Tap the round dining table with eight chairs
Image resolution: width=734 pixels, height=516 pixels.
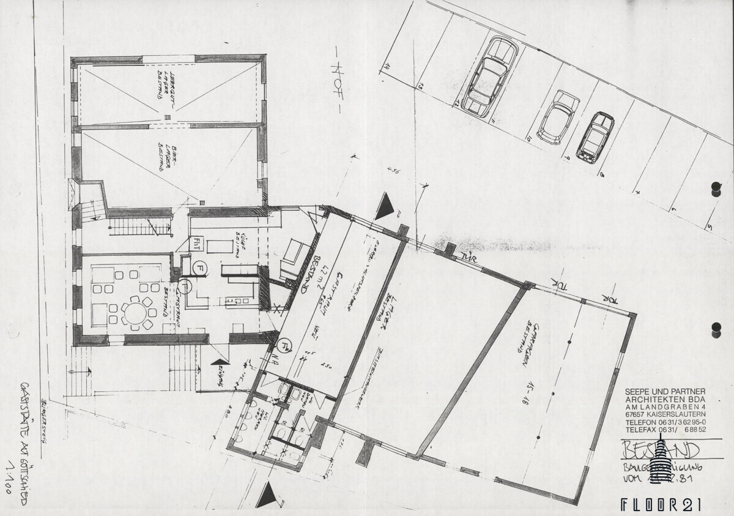(x=138, y=312)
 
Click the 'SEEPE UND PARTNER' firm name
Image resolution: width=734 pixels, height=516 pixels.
(x=665, y=391)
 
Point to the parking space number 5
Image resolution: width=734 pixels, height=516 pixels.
(x=710, y=228)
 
